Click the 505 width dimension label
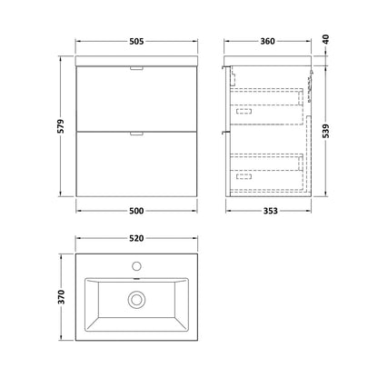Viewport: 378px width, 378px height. coord(136,41)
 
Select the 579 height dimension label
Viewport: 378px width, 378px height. coord(61,126)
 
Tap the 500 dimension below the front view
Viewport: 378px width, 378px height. coord(136,211)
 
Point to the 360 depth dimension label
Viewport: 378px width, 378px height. coord(268,41)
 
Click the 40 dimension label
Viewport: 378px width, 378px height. coord(325,40)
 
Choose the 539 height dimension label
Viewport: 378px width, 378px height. coord(325,131)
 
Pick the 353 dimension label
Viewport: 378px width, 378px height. coord(270,211)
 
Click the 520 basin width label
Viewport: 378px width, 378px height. coord(136,238)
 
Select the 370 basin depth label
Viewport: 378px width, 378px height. coord(61,297)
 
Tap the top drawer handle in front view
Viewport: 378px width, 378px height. coord(136,68)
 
